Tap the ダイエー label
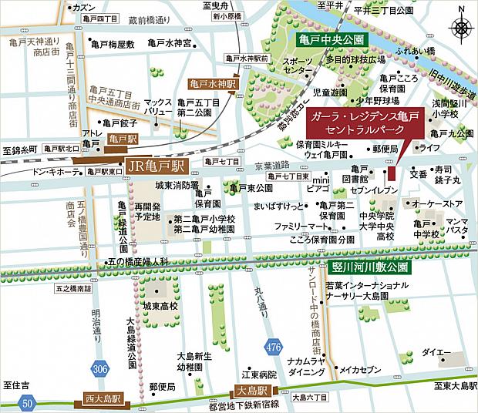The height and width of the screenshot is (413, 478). (436, 352)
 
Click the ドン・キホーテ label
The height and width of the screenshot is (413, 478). (55, 170)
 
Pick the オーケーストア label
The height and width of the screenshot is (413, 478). (437, 203)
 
